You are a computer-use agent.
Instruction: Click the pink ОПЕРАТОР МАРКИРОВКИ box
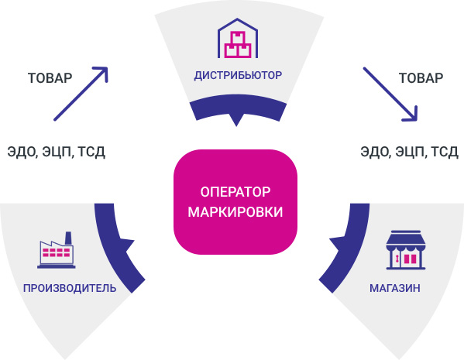235,202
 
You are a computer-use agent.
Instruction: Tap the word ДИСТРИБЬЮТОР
238,75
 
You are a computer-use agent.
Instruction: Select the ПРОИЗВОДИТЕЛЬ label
70,288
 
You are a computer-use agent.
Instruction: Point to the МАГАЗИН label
395,288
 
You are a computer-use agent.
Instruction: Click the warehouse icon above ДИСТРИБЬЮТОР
238,38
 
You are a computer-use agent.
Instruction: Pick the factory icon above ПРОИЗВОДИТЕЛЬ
57,250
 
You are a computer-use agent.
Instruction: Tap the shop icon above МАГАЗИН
406,250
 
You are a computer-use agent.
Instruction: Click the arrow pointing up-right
81,94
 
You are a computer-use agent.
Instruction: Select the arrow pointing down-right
390,94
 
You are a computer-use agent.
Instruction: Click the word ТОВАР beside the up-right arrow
50,78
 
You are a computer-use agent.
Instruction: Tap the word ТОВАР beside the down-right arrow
421,78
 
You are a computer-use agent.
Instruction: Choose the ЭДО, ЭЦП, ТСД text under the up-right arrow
57,152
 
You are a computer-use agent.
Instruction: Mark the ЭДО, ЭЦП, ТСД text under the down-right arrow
409,152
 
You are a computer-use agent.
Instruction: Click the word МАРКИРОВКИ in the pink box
235,212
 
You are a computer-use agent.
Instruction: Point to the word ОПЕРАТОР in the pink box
235,192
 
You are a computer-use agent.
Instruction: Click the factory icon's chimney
68,238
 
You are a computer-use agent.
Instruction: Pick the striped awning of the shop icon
406,239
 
